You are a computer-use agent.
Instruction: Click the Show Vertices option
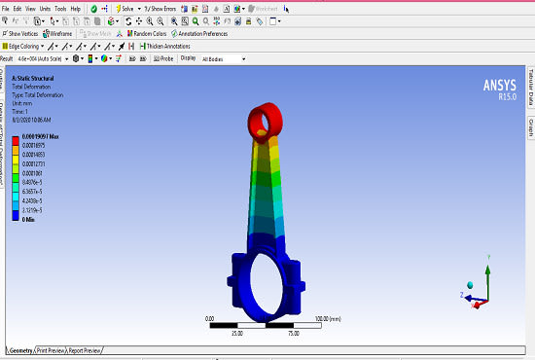pyautogui.click(x=21, y=33)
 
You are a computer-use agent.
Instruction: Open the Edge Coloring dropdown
pyautogui.click(x=23, y=46)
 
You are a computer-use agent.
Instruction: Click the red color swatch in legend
pyautogui.click(x=14, y=139)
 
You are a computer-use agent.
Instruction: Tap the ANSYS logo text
pyautogui.click(x=499, y=85)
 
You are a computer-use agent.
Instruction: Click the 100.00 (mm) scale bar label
pyautogui.click(x=332, y=317)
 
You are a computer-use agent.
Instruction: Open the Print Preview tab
pyautogui.click(x=52, y=349)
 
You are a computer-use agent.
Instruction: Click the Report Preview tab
pyautogui.click(x=86, y=349)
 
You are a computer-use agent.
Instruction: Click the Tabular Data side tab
pyautogui.click(x=530, y=89)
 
